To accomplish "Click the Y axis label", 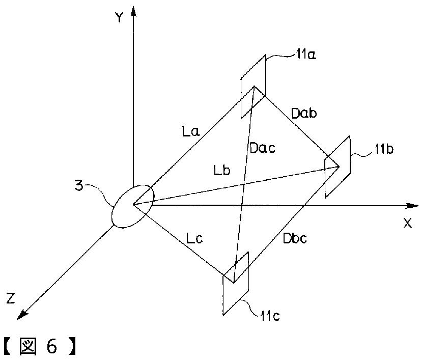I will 119,17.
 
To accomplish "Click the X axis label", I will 407,223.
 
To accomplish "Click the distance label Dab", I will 304,113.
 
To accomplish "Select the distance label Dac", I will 263,149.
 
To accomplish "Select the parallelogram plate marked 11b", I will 338,167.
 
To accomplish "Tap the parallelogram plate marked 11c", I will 235,284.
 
